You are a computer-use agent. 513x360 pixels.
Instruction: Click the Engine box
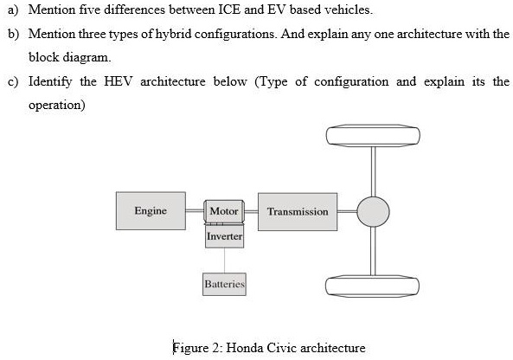point(151,211)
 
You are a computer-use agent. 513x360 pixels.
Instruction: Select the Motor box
point(224,211)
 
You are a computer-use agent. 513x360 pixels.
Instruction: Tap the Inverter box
point(224,235)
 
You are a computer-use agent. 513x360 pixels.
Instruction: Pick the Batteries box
point(224,284)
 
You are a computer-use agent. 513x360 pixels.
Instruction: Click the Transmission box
point(298,211)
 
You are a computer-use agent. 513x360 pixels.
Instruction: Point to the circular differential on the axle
point(373,211)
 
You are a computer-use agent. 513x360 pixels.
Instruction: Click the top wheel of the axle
point(373,136)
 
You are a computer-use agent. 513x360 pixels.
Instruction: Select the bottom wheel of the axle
point(373,286)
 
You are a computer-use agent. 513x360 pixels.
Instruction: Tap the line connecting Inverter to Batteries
point(224,260)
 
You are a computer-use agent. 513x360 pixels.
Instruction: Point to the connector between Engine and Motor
point(195,211)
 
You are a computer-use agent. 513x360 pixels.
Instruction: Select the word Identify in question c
point(49,81)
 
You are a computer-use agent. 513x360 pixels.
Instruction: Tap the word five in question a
point(85,11)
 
